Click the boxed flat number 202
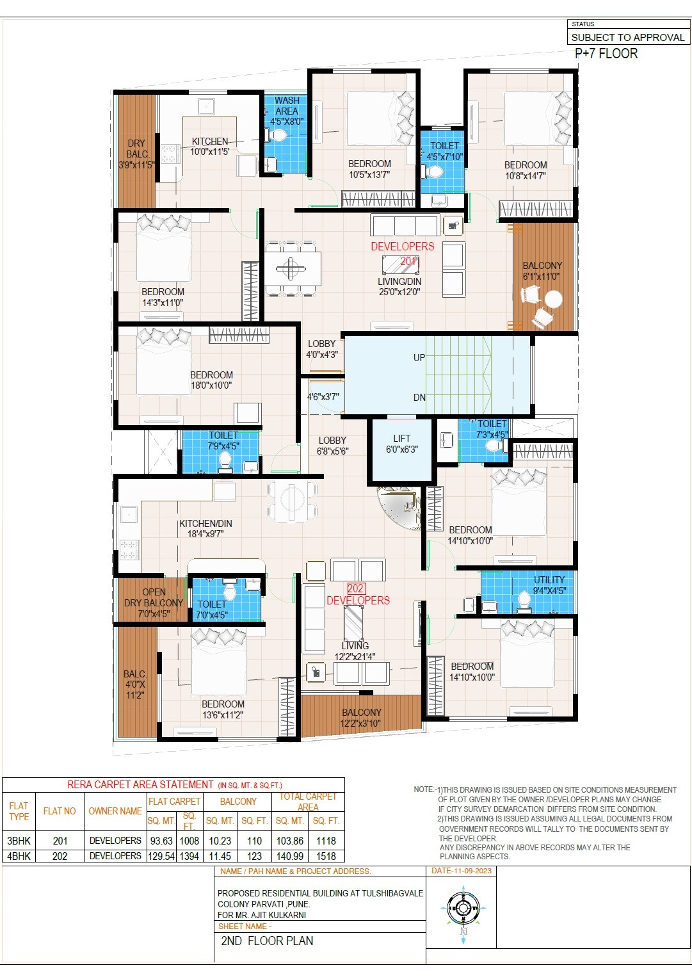click(356, 588)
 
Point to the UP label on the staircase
click(419, 357)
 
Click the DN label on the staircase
click(419, 397)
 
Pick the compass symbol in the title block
click(463, 909)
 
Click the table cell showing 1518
click(326, 856)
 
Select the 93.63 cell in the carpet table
click(162, 841)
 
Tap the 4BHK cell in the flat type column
click(19, 856)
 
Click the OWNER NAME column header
click(115, 811)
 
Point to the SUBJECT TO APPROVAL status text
click(627, 38)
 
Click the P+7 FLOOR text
click(606, 54)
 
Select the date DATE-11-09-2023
click(461, 871)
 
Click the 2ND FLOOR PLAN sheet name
click(267, 941)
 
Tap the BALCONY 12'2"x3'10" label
click(361, 718)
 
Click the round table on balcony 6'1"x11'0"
click(553, 299)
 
